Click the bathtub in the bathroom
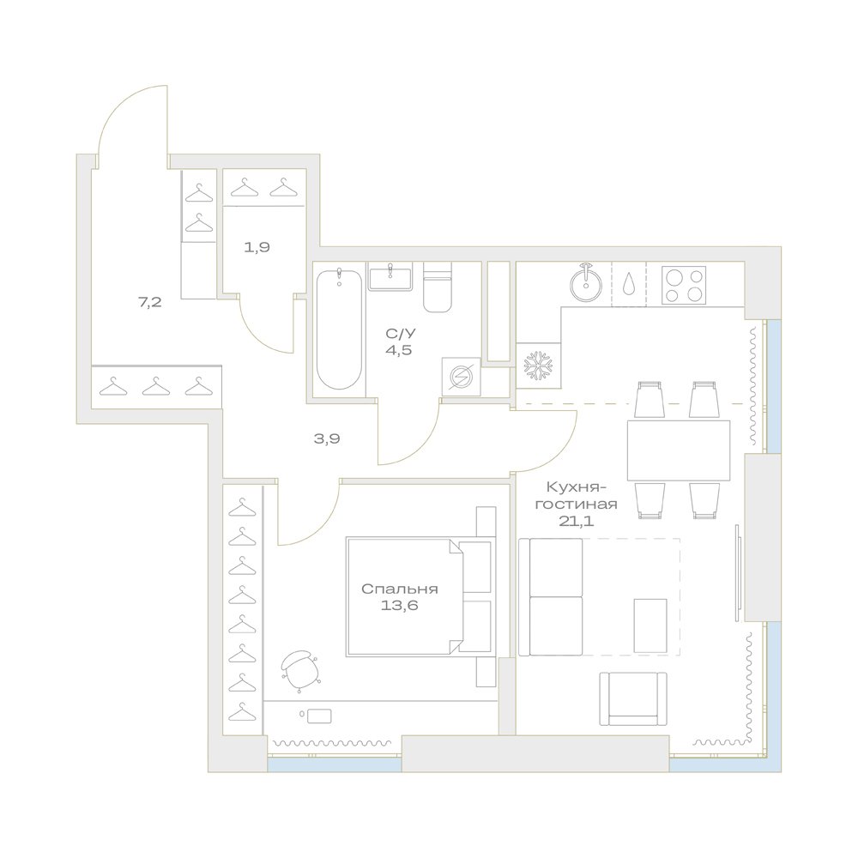point(339,329)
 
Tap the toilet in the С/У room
point(438,287)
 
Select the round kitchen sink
point(585,284)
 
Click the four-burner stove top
point(684,285)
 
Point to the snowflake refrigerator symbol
point(539,365)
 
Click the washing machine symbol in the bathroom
point(462,377)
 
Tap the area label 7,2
point(150,301)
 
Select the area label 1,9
point(257,247)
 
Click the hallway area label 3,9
point(327,438)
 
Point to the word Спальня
point(400,589)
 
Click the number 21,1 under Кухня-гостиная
point(577,521)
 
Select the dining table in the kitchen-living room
point(679,450)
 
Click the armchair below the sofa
point(633,698)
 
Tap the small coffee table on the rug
point(650,625)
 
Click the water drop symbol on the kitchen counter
point(629,282)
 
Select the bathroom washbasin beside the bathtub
point(390,275)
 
